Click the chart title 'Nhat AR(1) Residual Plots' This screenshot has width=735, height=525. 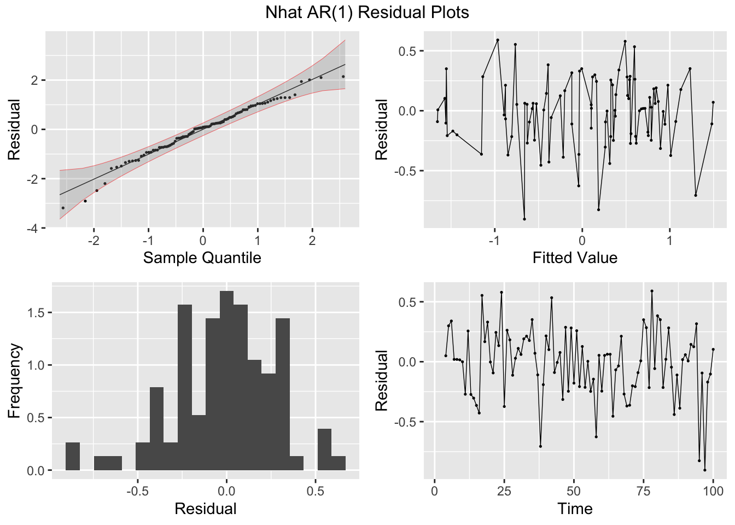pyautogui.click(x=367, y=13)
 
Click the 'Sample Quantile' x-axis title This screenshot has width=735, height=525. pyautogui.click(x=202, y=258)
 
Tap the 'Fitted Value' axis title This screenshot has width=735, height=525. pyautogui.click(x=575, y=258)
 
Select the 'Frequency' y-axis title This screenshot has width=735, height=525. pyautogui.click(x=14, y=381)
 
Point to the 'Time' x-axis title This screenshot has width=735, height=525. pyautogui.click(x=575, y=509)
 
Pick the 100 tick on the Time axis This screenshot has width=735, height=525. pyautogui.click(x=713, y=491)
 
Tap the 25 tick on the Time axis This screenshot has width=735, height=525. pyautogui.click(x=504, y=491)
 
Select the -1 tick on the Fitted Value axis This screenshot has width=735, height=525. pyautogui.click(x=494, y=240)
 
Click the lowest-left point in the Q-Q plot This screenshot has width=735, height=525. pyautogui.click(x=63, y=208)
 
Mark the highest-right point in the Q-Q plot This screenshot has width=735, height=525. pyautogui.click(x=343, y=77)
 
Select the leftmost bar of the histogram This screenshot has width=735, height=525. pyautogui.click(x=73, y=456)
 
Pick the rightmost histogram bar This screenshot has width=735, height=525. pyautogui.click(x=338, y=463)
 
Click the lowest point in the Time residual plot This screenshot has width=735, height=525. pyautogui.click(x=704, y=470)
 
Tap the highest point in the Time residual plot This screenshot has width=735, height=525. pyautogui.click(x=652, y=291)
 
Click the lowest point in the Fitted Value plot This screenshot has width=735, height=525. pyautogui.click(x=524, y=219)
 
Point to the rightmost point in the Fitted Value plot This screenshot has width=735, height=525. pyautogui.click(x=713, y=102)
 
